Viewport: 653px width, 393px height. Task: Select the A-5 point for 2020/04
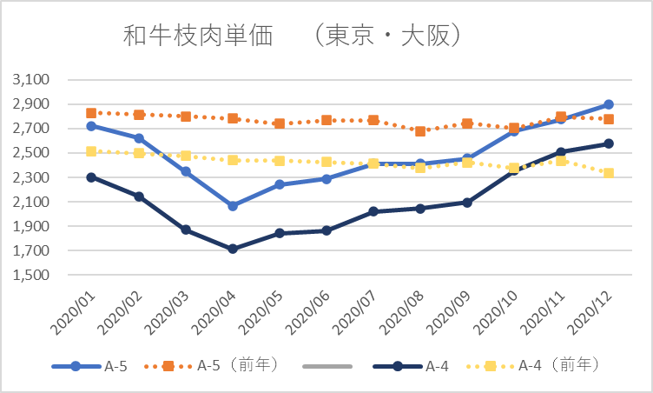pyautogui.click(x=233, y=206)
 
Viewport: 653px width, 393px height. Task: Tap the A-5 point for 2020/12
pyautogui.click(x=608, y=104)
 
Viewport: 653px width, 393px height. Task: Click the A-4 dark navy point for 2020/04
pyautogui.click(x=233, y=249)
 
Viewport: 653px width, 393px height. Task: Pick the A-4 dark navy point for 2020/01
pyautogui.click(x=92, y=177)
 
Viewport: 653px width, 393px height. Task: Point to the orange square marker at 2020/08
pyautogui.click(x=420, y=131)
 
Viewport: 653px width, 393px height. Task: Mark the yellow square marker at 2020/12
pyautogui.click(x=608, y=173)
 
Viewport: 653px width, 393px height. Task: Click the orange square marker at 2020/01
pyautogui.click(x=92, y=113)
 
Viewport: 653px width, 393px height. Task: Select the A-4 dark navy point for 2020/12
pyautogui.click(x=608, y=143)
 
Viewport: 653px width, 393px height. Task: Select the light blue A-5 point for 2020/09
pyautogui.click(x=467, y=159)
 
